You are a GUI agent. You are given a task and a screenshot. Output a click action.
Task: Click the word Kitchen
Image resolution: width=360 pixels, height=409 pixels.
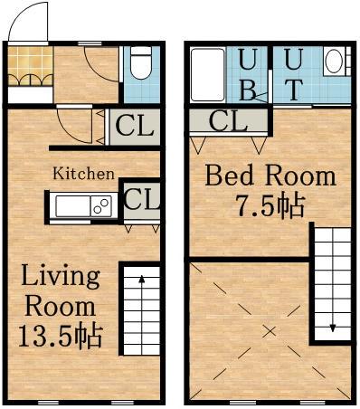point(83,174)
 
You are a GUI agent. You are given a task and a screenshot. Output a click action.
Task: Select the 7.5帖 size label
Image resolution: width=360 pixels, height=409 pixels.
point(270,206)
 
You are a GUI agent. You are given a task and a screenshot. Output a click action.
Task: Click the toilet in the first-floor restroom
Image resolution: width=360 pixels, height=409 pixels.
point(141,62)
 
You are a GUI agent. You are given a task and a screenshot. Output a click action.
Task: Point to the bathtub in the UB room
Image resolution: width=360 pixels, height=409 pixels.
point(208,74)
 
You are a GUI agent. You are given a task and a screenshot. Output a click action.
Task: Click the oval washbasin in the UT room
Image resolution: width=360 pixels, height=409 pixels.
point(335,61)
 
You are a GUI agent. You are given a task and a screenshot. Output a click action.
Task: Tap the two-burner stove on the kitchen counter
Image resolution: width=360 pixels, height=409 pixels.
point(101,206)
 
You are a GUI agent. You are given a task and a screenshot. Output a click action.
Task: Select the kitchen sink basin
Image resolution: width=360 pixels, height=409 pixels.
point(73,206)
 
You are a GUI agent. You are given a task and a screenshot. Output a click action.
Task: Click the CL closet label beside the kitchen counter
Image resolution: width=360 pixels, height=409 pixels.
point(141,199)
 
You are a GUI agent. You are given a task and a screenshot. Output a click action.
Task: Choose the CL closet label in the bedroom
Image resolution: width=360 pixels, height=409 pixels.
point(228,120)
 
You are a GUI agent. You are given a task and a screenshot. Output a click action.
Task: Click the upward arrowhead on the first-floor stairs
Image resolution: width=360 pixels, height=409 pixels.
point(141,279)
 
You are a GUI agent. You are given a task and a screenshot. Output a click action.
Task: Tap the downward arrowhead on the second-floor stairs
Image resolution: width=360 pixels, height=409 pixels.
point(333,328)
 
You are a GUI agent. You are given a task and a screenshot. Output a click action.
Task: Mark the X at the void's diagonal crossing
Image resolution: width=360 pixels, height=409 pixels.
point(270,331)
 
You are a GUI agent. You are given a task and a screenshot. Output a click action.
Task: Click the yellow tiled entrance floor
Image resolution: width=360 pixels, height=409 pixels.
point(30,66)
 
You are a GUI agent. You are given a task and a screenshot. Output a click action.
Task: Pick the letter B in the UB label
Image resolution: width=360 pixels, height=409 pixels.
point(248,90)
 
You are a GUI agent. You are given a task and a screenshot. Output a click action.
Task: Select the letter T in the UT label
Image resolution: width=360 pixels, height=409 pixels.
point(293,90)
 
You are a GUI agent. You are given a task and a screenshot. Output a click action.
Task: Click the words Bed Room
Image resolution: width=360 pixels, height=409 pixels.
point(270,176)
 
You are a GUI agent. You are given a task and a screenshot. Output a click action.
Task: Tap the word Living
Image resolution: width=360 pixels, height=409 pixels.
point(61,277)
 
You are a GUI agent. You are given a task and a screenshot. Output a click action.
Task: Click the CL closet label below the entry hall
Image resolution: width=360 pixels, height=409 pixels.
point(135,126)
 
